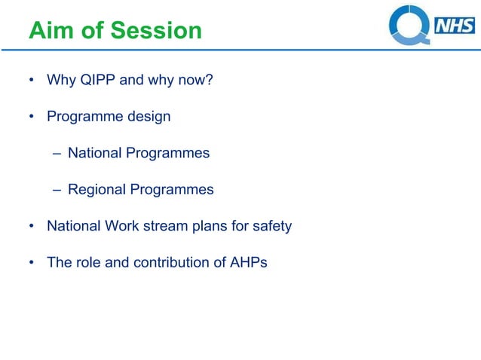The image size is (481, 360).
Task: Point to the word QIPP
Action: coord(98,80)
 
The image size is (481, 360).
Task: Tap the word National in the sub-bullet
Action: coord(94,153)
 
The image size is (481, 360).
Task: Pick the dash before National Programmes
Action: coord(57,154)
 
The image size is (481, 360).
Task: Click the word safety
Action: coord(271,226)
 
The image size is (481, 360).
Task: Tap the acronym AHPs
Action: coord(249,263)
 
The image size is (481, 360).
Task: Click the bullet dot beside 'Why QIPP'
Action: coord(32,81)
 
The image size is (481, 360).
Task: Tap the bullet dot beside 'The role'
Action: coord(32,264)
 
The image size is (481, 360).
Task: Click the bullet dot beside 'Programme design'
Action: coord(32,117)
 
